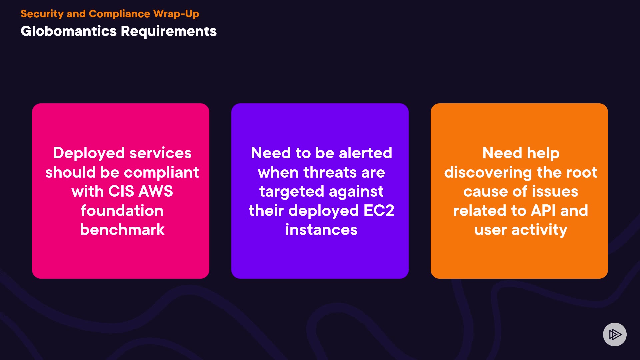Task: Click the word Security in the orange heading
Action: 42,14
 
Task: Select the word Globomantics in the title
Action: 69,31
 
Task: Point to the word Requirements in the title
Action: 169,32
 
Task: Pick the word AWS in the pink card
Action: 156,191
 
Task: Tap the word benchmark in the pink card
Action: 122,230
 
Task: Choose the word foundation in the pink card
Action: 122,211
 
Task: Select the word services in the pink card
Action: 160,153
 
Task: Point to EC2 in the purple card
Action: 379,211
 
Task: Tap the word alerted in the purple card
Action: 365,153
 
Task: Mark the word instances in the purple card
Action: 321,230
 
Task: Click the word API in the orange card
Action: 543,211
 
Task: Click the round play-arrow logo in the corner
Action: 615,334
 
